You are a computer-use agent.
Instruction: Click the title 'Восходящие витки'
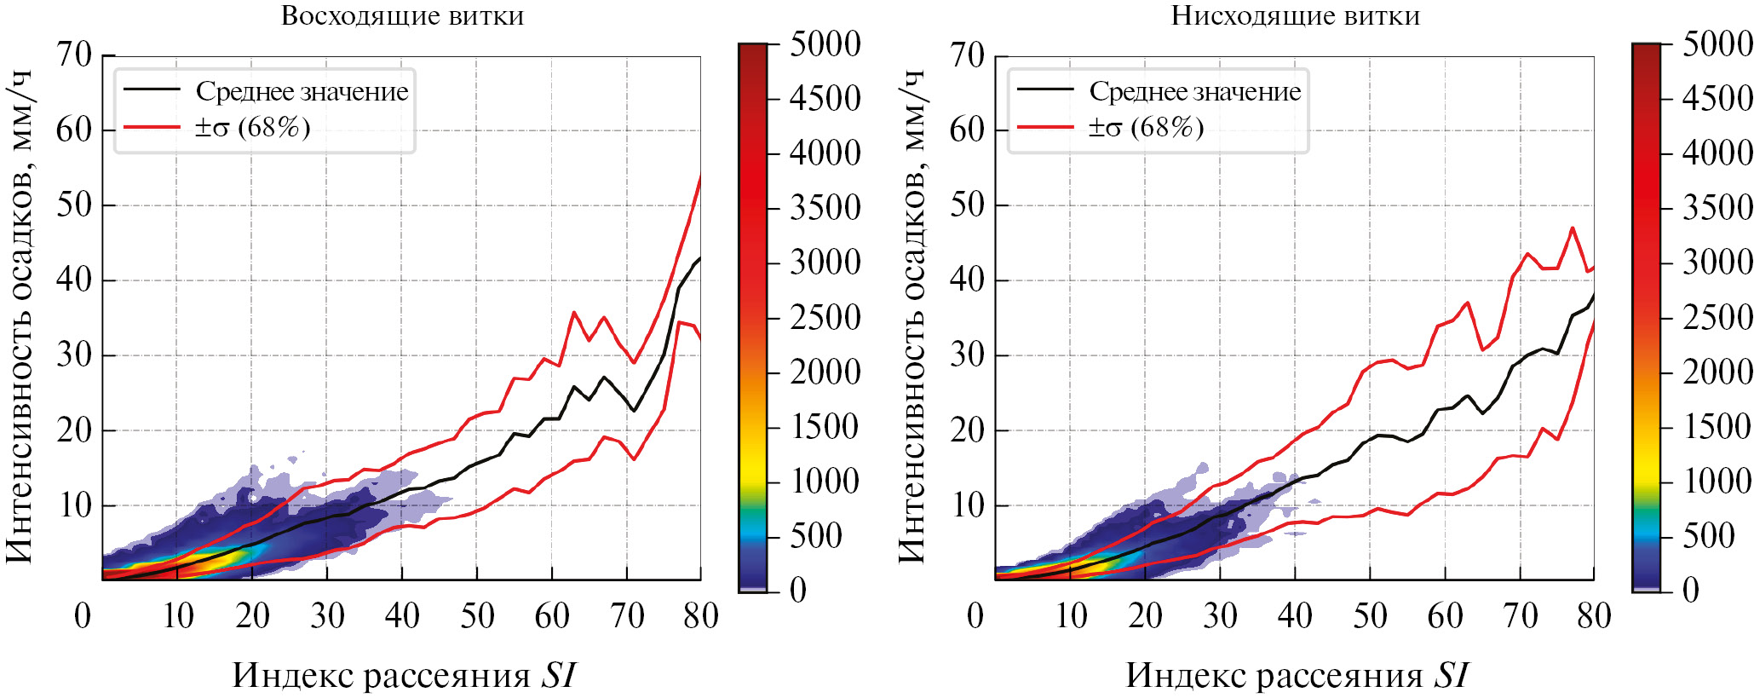402,16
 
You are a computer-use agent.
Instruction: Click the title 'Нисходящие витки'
1295,16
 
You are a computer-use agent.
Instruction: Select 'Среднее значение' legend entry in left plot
302,91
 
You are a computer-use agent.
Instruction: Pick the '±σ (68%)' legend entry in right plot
1145,128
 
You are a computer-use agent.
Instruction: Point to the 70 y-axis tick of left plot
74,55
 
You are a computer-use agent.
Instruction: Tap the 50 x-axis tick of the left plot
477,615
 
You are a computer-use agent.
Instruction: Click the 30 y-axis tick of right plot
967,355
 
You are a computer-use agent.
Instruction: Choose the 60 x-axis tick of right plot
1445,615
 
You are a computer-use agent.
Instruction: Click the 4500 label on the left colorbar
825,99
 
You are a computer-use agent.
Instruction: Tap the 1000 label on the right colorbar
1717,482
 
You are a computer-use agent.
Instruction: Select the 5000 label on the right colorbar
1717,44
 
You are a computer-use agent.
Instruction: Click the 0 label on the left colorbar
797,590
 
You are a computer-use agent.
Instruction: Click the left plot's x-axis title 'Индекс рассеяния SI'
404,675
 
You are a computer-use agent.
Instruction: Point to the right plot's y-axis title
912,315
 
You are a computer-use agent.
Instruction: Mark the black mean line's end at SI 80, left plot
699,258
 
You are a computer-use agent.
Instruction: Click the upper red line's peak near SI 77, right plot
1572,228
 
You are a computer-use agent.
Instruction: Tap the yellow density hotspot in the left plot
213,562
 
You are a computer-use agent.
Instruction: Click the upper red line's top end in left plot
700,176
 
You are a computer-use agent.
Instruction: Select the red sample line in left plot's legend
152,128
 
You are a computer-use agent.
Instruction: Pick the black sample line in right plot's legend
1044,89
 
